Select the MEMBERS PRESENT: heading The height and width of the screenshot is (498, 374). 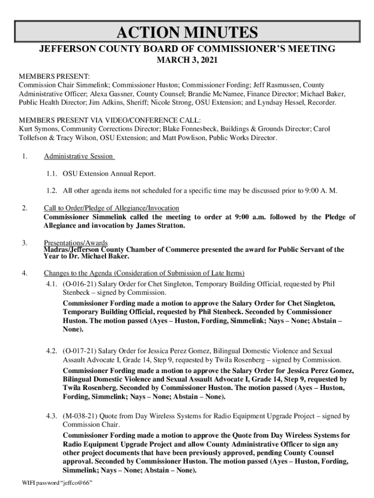(x=54, y=77)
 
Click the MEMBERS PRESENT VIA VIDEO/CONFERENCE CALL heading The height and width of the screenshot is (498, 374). (x=110, y=121)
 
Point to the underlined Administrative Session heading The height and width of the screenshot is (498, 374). (x=79, y=156)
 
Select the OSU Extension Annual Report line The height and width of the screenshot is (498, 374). (x=109, y=174)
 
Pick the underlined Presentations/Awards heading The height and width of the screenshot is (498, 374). (x=76, y=243)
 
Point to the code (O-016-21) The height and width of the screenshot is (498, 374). (x=78, y=284)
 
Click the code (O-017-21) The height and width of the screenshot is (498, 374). (x=78, y=351)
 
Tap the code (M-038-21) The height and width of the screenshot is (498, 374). (x=79, y=416)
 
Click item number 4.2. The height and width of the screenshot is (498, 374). (x=52, y=351)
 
